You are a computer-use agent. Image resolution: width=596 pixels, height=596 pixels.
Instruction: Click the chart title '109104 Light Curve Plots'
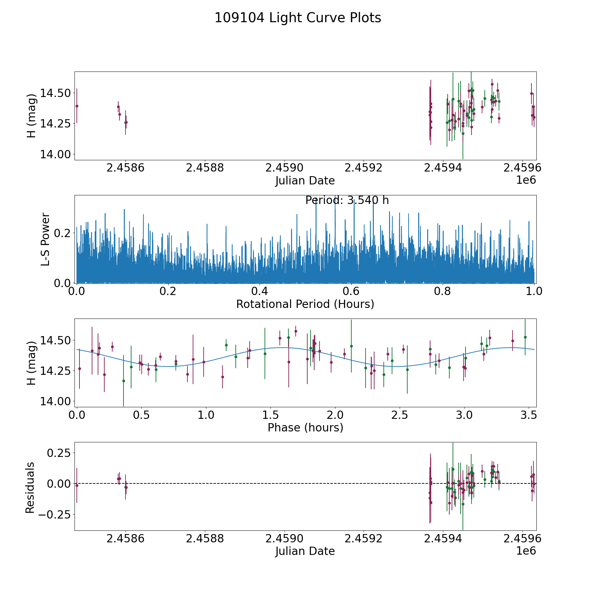[x=298, y=18]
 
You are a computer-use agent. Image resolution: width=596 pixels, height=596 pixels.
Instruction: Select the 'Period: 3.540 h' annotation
[x=347, y=200]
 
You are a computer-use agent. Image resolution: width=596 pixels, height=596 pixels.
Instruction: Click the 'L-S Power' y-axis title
[x=45, y=239]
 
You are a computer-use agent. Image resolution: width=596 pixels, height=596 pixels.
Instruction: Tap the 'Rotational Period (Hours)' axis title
[x=305, y=304]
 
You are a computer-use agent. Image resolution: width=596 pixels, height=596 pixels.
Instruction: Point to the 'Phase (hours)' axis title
[x=305, y=427]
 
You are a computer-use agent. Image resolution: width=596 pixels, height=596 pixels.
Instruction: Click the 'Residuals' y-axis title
[x=30, y=487]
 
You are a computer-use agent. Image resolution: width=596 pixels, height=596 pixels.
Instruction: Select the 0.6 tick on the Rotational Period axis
[x=351, y=291]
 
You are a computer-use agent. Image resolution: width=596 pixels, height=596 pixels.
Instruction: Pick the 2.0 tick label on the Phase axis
[x=335, y=415]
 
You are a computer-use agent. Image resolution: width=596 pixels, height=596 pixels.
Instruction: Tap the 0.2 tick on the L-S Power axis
[x=62, y=233]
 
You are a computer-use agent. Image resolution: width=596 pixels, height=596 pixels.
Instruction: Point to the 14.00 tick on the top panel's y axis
[x=55, y=154]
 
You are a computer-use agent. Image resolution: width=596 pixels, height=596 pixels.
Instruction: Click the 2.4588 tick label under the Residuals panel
[x=205, y=538]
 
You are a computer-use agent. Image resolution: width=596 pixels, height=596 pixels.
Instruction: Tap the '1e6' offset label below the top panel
[x=526, y=180]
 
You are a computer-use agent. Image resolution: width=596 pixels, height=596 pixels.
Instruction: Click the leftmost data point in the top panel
[x=77, y=106]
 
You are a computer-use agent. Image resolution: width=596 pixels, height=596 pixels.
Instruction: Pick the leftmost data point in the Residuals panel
[x=77, y=485]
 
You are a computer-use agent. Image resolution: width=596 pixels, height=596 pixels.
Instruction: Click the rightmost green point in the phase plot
[x=525, y=337]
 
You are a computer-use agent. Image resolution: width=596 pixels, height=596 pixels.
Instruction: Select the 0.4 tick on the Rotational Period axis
[x=260, y=291]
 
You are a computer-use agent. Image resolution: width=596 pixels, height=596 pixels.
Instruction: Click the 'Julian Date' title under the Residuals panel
[x=305, y=551]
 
